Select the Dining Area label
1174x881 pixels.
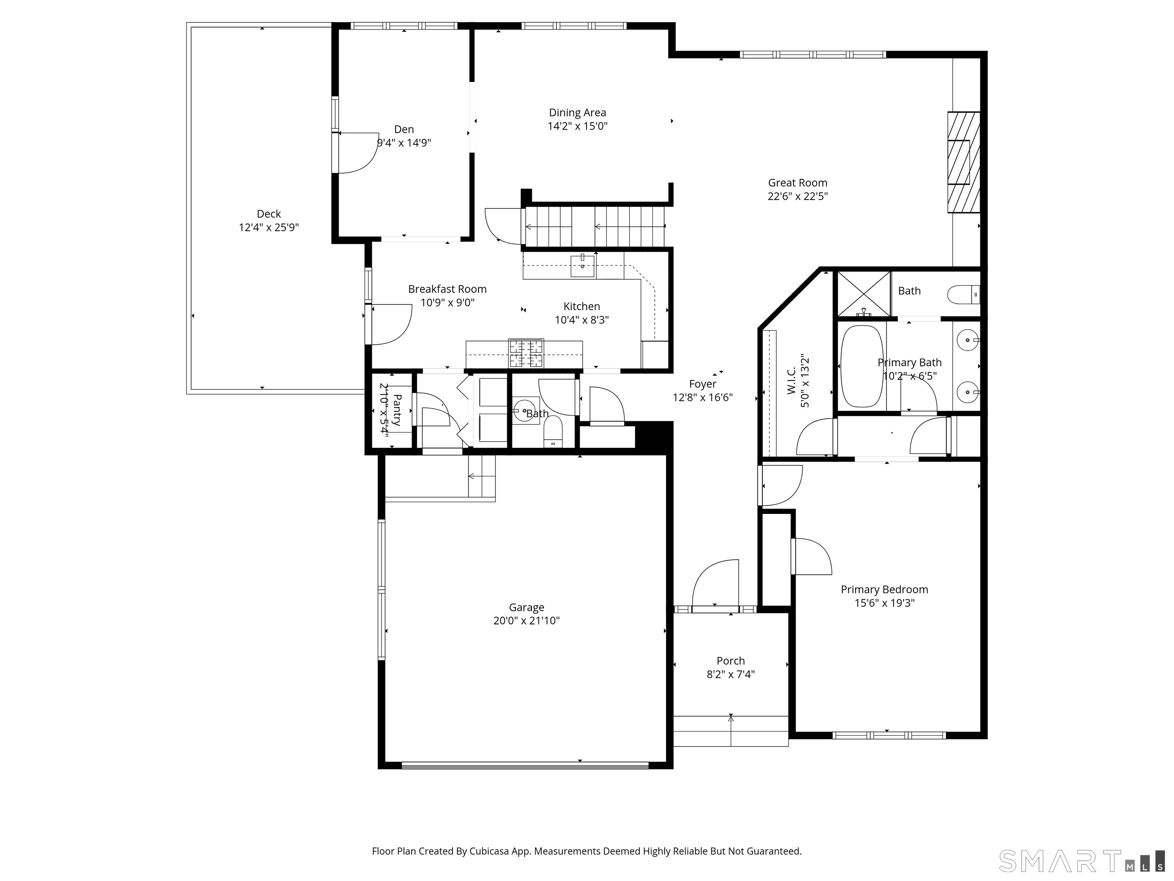coord(577,112)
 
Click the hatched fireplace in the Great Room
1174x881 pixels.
coord(963,162)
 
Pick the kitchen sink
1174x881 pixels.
coord(582,265)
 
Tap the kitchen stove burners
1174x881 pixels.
coord(526,353)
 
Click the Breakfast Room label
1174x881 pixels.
coord(448,289)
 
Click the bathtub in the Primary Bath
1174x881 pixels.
coord(862,366)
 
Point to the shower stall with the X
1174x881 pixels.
coord(864,294)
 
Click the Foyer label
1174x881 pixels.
coord(703,384)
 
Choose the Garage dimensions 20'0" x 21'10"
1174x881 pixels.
coord(527,621)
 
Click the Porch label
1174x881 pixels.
coord(731,661)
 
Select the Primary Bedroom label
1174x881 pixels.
coord(884,590)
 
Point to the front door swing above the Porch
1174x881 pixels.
coord(715,583)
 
